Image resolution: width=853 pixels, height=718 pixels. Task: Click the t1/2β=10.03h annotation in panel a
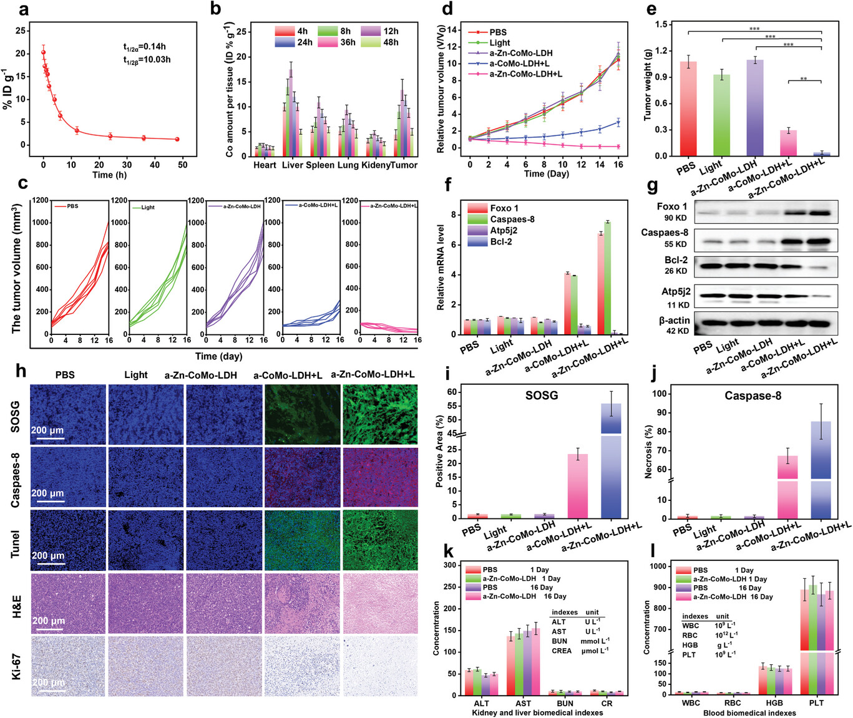point(147,60)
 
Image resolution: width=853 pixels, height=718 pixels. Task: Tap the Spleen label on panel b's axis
point(320,165)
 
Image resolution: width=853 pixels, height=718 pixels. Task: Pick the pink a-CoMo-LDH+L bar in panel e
point(787,143)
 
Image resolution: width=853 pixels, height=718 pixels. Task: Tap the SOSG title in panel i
point(542,395)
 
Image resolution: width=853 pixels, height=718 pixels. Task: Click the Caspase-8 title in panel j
point(752,395)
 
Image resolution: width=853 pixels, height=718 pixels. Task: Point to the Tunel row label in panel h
point(15,543)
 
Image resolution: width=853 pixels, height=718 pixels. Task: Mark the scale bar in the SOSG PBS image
point(47,438)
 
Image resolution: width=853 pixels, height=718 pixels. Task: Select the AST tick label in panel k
point(523,703)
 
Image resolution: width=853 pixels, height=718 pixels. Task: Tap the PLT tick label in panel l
point(816,703)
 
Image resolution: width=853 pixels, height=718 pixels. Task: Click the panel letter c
point(23,183)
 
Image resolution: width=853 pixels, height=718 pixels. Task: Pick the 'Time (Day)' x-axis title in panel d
point(546,174)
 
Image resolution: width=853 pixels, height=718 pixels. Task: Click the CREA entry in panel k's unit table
point(561,651)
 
